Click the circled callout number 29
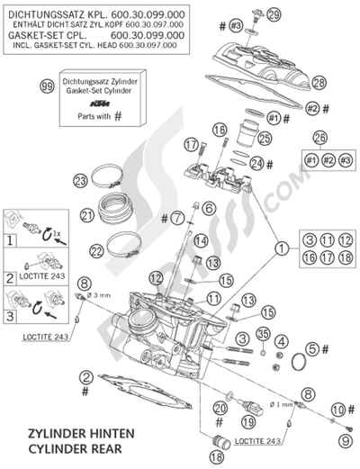pos(273,13)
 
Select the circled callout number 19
pos(222,419)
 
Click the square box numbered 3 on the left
pos(11,318)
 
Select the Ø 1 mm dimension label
pos(281,406)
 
